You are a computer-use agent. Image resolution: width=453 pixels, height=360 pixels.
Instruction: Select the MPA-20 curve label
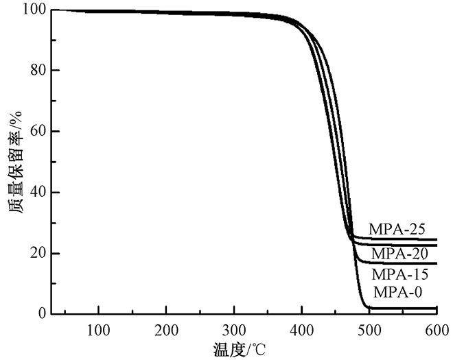click(x=399, y=254)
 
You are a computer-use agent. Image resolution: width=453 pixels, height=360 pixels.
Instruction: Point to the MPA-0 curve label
click(x=397, y=293)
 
